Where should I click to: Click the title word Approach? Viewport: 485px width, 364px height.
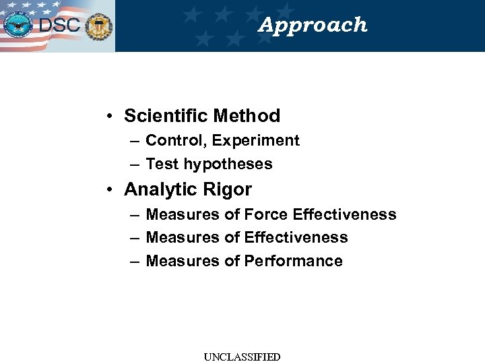click(x=313, y=25)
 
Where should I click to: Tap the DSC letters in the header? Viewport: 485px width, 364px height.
click(x=59, y=26)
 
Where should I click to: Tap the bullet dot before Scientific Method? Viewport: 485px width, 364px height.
click(x=109, y=116)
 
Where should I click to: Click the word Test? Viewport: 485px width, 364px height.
click(x=160, y=164)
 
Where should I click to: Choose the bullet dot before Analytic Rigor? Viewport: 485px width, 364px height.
click(x=109, y=189)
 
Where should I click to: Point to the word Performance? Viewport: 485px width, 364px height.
click(x=293, y=261)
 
